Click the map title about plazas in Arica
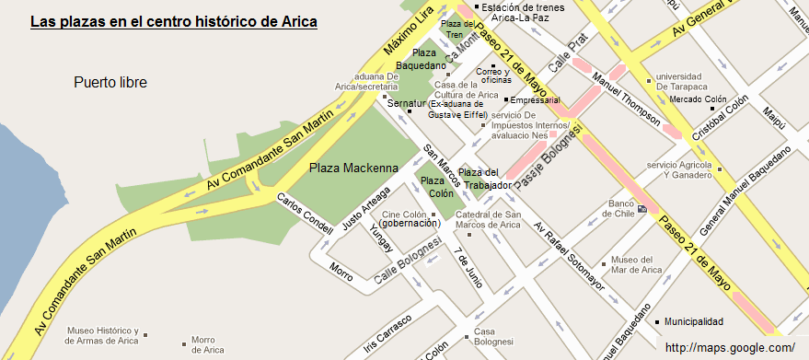(174, 20)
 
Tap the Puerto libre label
(110, 83)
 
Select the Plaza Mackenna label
(353, 168)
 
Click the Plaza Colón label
(437, 187)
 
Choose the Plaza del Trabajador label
(485, 179)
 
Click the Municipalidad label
(693, 322)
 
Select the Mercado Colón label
(698, 99)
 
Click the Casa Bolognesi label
(492, 337)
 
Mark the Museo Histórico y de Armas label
(103, 335)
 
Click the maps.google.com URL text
(729, 348)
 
